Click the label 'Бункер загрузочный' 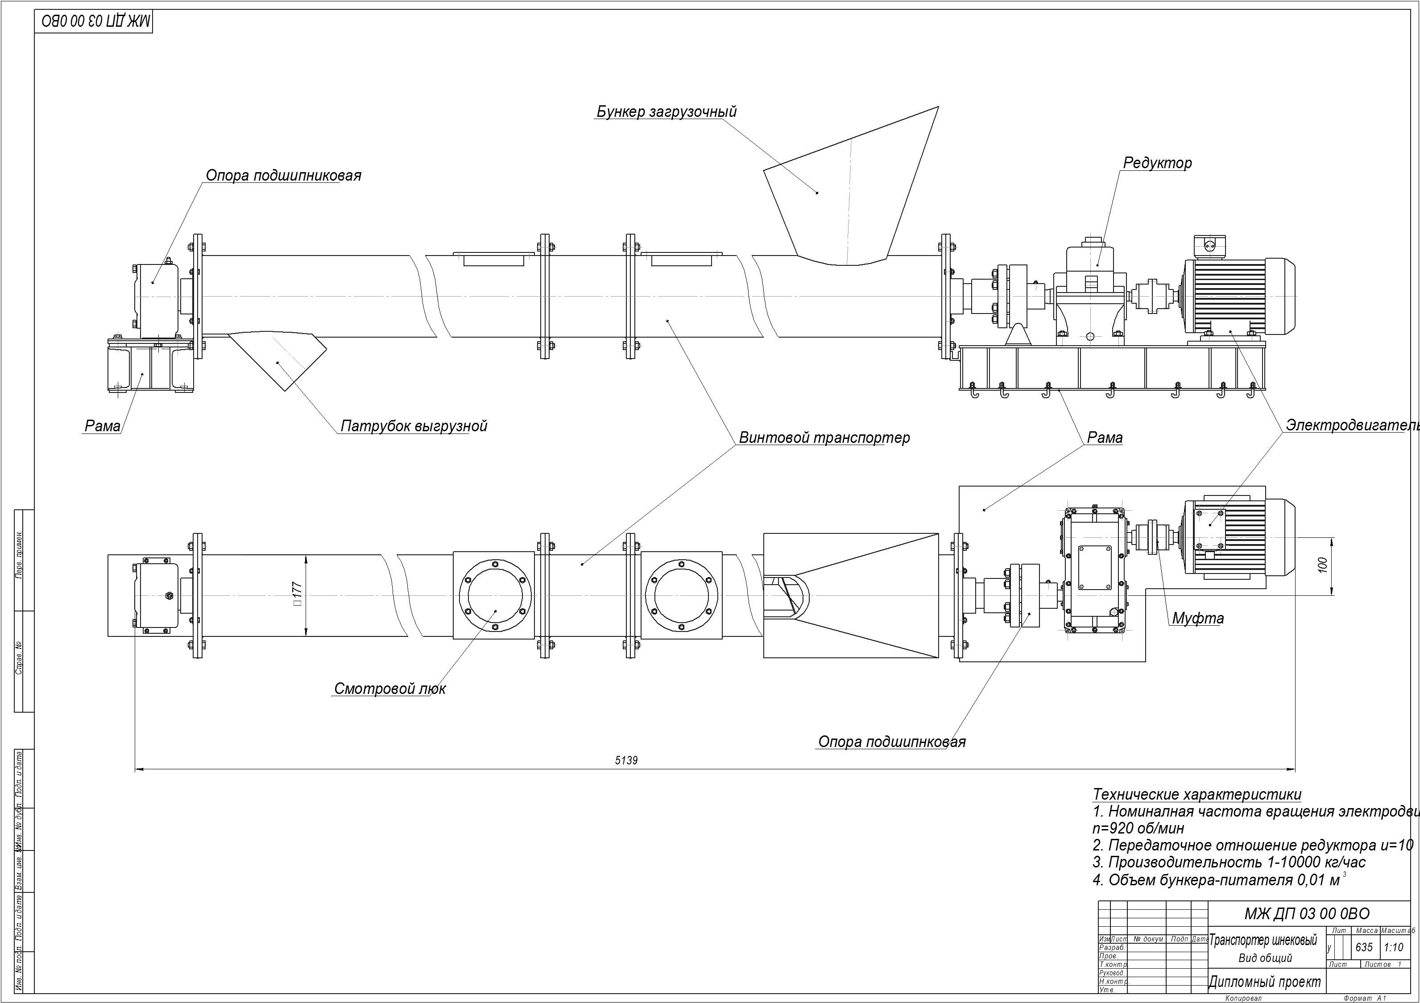666,112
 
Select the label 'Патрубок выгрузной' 414,426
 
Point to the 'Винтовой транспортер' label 824,438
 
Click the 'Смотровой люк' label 389,689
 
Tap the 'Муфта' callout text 1197,619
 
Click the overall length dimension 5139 626,760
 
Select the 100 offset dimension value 1322,565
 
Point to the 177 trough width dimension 298,594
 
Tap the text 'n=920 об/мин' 1138,828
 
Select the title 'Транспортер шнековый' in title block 1263,941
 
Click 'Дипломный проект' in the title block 1264,981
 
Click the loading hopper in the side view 850,186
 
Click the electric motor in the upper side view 1237,297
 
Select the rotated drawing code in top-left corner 96,22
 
